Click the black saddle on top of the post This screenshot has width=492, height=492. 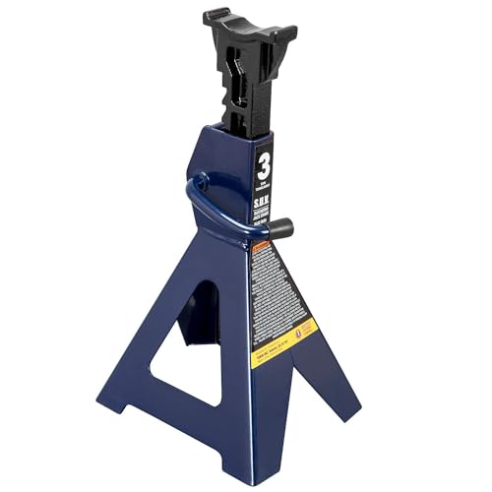(252, 39)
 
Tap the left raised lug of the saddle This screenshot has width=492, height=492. (215, 18)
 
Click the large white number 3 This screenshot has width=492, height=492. (263, 163)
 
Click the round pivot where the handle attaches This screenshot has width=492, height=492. (202, 181)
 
